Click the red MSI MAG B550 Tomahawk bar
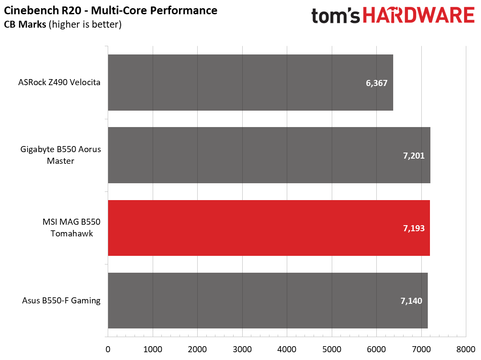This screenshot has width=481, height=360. pyautogui.click(x=269, y=228)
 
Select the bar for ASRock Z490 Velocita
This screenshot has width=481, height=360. pyautogui.click(x=250, y=82)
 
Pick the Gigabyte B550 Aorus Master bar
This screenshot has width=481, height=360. pyautogui.click(x=269, y=155)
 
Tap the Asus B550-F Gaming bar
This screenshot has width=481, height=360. pyautogui.click(x=267, y=300)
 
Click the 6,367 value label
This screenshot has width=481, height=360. pyautogui.click(x=377, y=83)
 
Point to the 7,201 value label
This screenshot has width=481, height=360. pyautogui.click(x=414, y=156)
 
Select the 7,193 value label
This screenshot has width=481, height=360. pyautogui.click(x=414, y=228)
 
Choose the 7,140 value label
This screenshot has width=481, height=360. pyautogui.click(x=411, y=301)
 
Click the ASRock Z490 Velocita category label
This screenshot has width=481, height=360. pyautogui.click(x=60, y=82)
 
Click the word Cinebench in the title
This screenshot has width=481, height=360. pyautogui.click(x=27, y=10)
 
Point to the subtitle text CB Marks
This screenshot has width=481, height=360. pyautogui.click(x=25, y=25)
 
